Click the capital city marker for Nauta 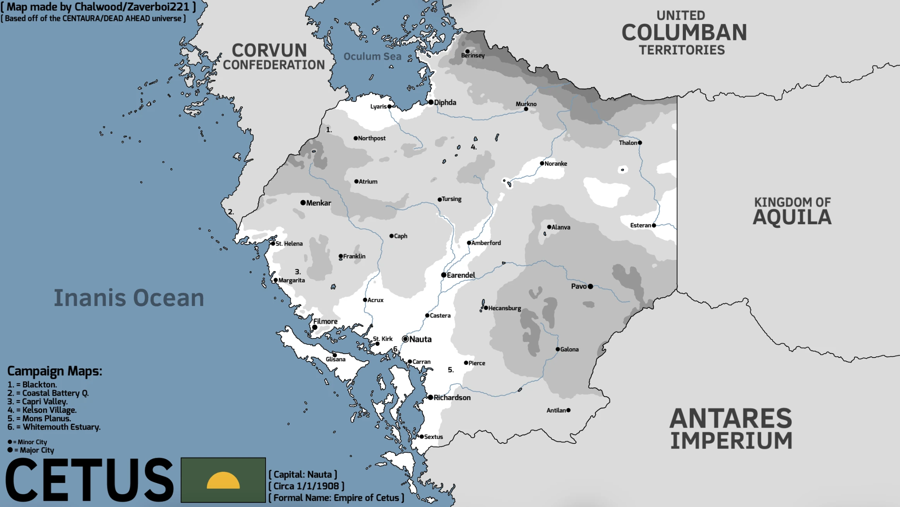click(405, 339)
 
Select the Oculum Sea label click(372, 57)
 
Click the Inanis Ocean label click(129, 298)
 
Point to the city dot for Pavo click(590, 287)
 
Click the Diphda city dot click(430, 102)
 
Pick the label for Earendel click(461, 275)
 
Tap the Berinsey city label click(473, 56)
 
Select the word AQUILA click(792, 217)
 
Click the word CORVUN click(269, 51)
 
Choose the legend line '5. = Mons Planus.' click(39, 418)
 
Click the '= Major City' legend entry click(34, 450)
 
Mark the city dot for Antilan click(568, 410)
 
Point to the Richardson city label click(452, 398)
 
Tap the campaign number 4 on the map click(473, 147)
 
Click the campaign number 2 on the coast click(230, 212)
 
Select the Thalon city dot click(640, 143)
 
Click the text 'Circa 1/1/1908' click(306, 486)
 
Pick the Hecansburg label click(504, 308)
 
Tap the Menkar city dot click(303, 203)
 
